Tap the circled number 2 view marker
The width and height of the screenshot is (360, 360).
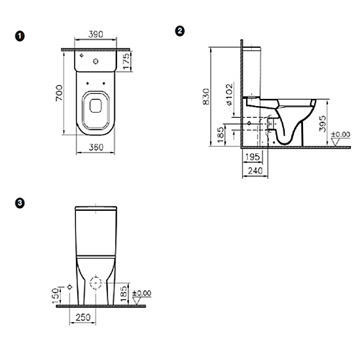pos(181,31)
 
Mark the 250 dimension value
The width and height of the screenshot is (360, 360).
pos(82,316)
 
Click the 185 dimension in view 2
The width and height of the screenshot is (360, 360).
pos(221,135)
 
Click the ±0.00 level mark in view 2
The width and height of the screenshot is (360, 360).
pos(340,135)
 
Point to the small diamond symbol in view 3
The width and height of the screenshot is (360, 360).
pos(70,287)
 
